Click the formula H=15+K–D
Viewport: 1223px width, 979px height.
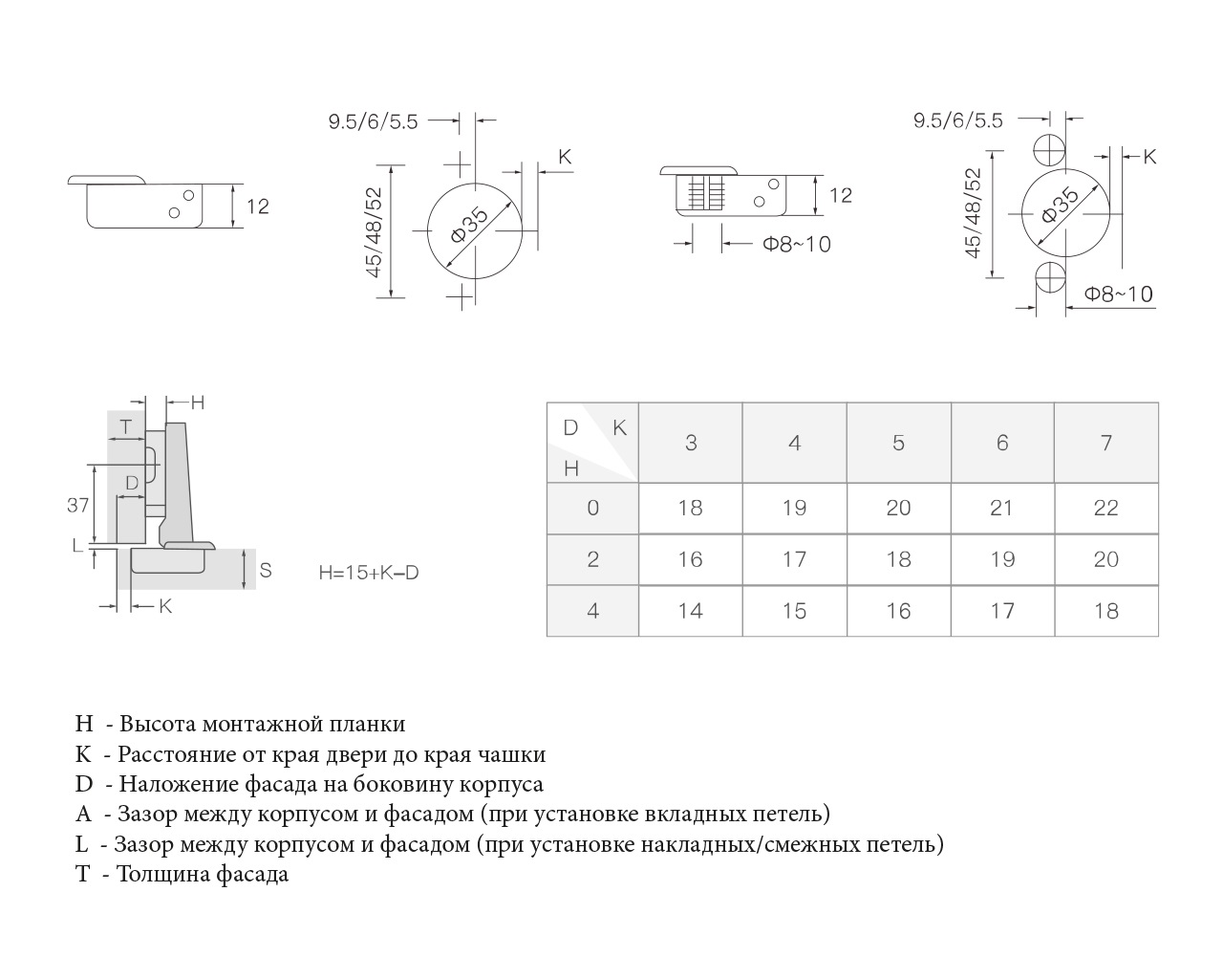point(368,573)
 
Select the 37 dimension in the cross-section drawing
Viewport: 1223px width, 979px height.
point(77,505)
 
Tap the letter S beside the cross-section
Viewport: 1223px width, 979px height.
point(266,570)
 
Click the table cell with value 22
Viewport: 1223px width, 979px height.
point(1105,508)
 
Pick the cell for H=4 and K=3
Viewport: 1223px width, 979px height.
point(690,611)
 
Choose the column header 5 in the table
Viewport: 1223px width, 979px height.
point(898,443)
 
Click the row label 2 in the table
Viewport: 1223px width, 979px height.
point(592,559)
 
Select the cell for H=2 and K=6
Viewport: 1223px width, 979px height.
point(1001,559)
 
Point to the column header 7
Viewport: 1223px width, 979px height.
point(1105,443)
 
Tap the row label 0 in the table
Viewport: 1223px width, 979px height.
point(592,508)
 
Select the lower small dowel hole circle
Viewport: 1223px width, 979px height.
point(1050,280)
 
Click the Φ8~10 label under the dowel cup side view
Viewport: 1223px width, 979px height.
point(796,244)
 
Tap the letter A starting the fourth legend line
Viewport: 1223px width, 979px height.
point(83,814)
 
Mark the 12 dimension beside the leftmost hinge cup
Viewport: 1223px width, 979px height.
point(257,207)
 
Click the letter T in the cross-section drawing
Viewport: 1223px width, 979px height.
point(124,425)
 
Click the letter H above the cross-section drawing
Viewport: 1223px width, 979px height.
point(197,402)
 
